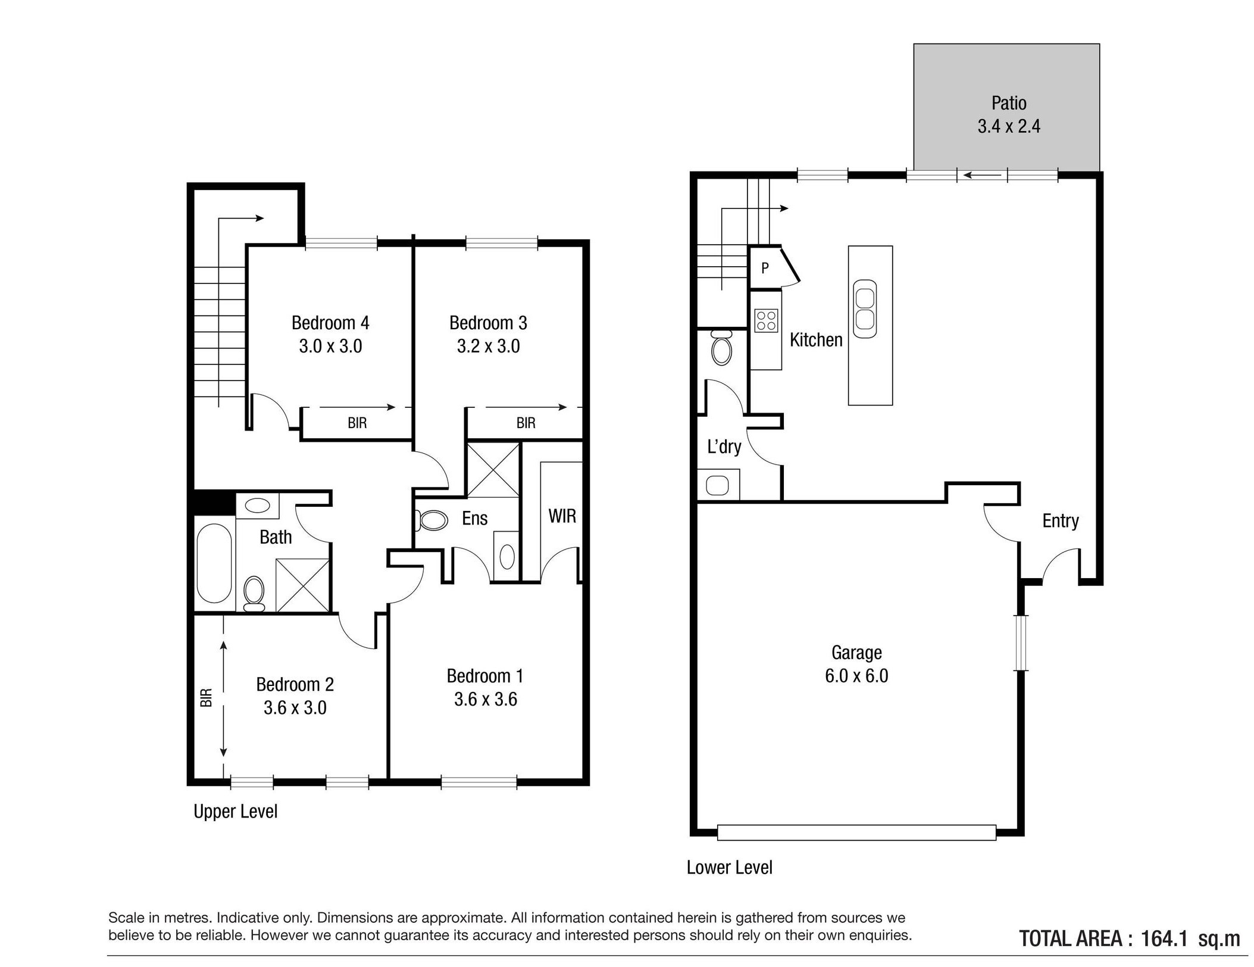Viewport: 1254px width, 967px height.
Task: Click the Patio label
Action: pos(1008,103)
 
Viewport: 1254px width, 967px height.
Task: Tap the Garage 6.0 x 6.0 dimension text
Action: pos(856,676)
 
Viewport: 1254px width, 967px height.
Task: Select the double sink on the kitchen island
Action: pos(865,309)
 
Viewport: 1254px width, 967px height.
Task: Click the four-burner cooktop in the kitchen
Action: pos(765,320)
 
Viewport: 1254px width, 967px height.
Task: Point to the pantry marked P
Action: pos(765,268)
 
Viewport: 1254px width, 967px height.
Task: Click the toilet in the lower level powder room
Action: pos(722,347)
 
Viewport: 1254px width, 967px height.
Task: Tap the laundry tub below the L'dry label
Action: pos(718,485)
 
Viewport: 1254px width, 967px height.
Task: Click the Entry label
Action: pos(1061,521)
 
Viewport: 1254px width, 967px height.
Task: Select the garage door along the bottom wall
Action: pos(856,832)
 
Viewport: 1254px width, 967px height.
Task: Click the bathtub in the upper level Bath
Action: pos(214,563)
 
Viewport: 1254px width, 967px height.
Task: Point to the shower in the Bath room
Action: pos(302,585)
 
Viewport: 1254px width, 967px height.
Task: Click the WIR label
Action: pos(562,516)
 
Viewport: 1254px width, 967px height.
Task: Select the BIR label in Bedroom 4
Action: pos(357,423)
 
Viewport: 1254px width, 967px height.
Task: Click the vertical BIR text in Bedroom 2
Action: pos(206,697)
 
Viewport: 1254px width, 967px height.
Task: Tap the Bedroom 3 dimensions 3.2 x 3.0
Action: pos(488,346)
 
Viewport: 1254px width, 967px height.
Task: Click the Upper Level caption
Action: pos(236,812)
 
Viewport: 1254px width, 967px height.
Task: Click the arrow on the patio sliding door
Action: pos(982,175)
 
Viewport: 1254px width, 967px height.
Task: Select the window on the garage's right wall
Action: pos(1021,643)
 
